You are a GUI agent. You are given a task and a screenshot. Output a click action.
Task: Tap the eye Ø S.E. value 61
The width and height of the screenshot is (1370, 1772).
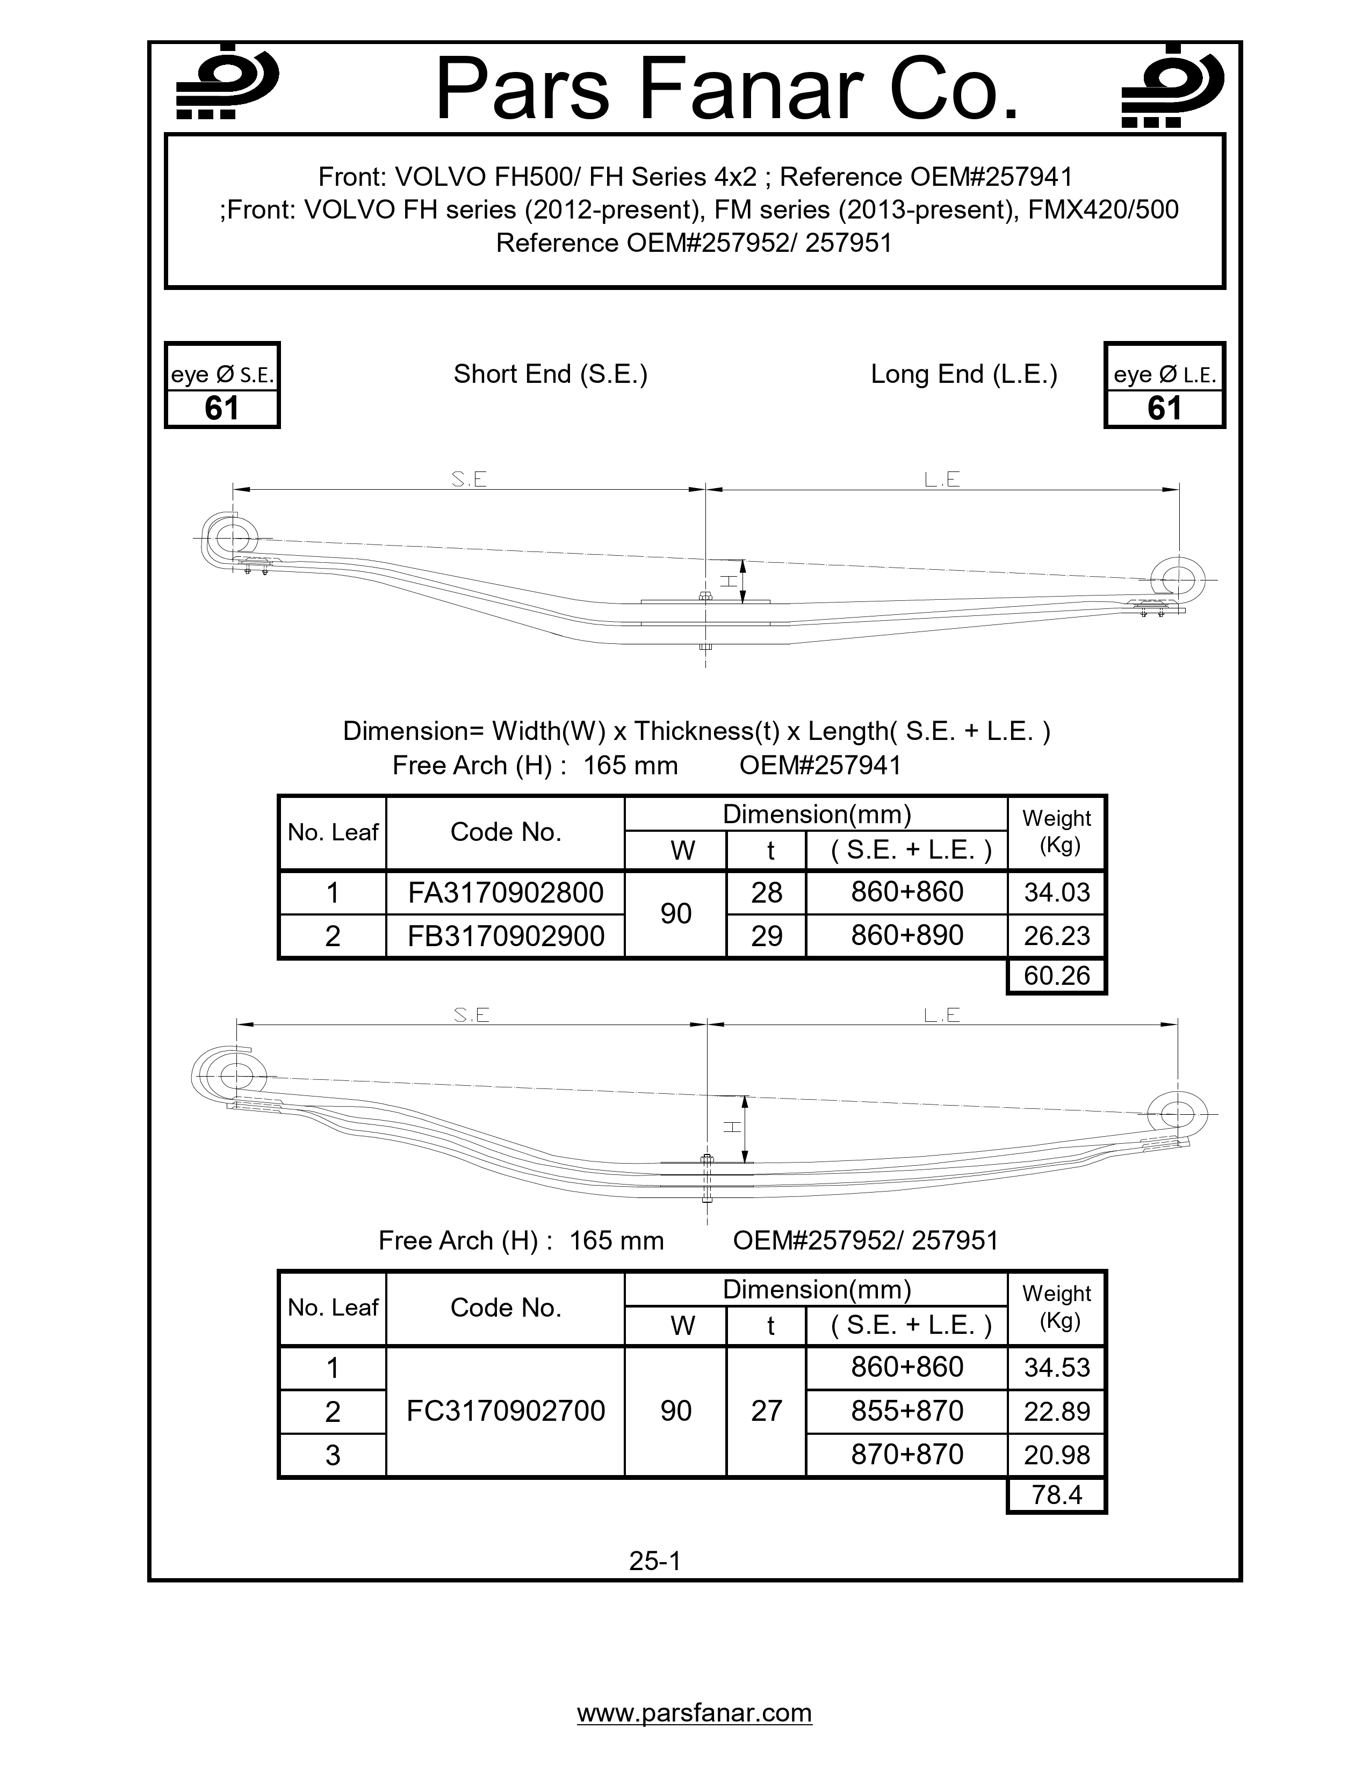pos(221,408)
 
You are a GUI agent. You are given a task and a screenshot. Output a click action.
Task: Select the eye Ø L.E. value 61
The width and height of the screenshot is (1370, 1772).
pos(1164,408)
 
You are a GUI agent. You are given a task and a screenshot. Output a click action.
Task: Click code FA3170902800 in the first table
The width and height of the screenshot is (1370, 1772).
pos(505,892)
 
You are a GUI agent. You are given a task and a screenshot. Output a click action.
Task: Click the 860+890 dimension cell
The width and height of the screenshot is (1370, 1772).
pos(906,935)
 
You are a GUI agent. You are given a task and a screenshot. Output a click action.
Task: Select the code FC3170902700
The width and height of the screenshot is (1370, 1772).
pos(505,1411)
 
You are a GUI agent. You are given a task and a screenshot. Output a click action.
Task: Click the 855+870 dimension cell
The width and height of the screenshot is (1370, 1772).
pos(906,1411)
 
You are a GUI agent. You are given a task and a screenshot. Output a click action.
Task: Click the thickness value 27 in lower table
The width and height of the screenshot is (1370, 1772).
pos(766,1411)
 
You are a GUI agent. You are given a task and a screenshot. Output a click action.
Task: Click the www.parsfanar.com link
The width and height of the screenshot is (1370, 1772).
pos(694,1713)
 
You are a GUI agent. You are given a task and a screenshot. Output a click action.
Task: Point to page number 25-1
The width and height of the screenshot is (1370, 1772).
pos(654,1560)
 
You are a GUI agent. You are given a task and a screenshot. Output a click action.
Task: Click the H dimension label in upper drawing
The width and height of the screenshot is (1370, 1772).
pos(729,581)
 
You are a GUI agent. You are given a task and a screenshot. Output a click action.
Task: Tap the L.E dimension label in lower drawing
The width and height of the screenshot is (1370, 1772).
pos(941,1015)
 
